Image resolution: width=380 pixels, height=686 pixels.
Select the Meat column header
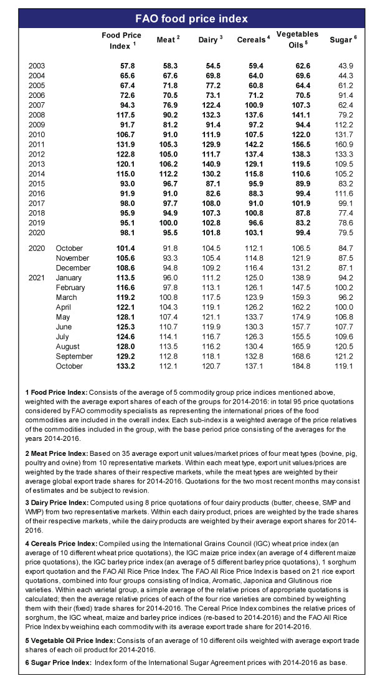point(168,39)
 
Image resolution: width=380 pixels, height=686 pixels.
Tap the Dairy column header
point(210,39)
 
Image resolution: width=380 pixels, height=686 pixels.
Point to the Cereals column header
point(253,39)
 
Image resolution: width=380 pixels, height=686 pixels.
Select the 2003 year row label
point(36,65)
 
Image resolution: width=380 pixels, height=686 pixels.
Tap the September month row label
point(74,356)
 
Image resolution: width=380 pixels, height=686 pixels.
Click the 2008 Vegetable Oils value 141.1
point(297,114)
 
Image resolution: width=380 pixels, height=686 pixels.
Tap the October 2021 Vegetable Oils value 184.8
point(297,366)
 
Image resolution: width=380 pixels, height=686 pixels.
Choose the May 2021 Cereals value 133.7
point(254,317)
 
